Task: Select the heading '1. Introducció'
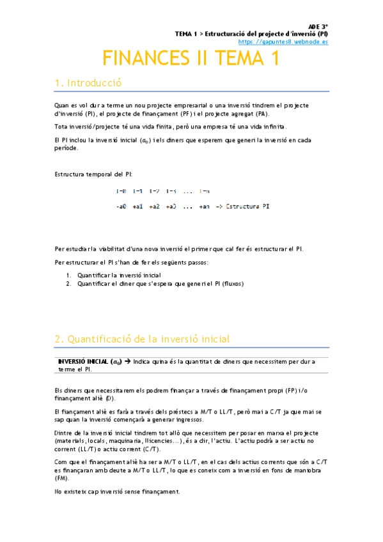pos(88,83)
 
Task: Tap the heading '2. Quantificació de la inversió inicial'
pos(142,339)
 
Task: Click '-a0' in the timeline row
pos(121,206)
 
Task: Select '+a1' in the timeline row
pos(137,206)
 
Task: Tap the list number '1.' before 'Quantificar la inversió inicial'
pos(68,275)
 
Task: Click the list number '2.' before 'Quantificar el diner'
pos(68,283)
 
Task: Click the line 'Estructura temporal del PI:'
pos(93,174)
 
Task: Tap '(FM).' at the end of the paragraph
pos(62,477)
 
